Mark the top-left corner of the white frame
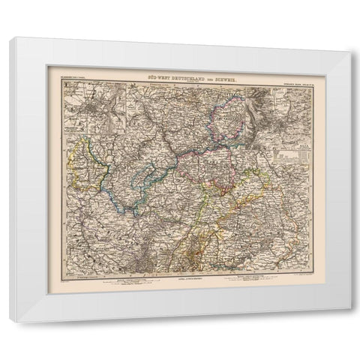10,37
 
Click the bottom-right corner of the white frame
349,322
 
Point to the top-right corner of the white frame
349,37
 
